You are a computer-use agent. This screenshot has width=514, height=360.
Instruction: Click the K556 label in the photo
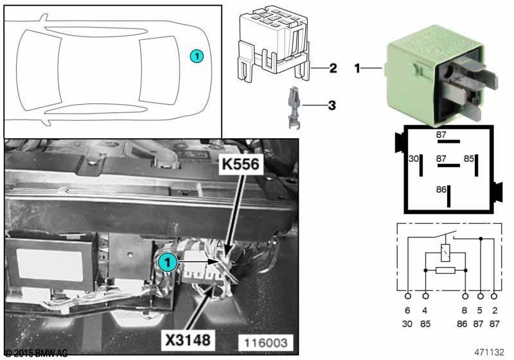pyautogui.click(x=241, y=165)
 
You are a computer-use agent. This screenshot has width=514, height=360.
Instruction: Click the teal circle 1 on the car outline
pyautogui.click(x=197, y=56)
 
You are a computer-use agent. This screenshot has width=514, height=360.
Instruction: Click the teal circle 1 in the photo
pyautogui.click(x=167, y=262)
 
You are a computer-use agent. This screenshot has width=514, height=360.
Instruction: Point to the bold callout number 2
pyautogui.click(x=333, y=67)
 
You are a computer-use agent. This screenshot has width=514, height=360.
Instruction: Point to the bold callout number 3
pyautogui.click(x=332, y=104)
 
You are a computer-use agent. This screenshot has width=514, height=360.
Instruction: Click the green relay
pyautogui.click(x=437, y=78)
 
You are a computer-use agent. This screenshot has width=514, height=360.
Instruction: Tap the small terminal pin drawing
pyautogui.click(x=290, y=107)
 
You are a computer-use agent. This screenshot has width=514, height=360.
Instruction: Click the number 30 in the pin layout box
pyautogui.click(x=414, y=157)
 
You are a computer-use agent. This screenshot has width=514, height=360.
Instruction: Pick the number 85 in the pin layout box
pyautogui.click(x=470, y=157)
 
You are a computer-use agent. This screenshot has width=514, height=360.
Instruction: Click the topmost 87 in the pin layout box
pyautogui.click(x=441, y=135)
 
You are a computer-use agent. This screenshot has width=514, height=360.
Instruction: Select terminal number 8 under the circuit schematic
pyautogui.click(x=465, y=310)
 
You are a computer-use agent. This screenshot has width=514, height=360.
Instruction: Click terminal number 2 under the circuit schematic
pyautogui.click(x=493, y=310)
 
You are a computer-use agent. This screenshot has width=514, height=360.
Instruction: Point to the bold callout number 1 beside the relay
pyautogui.click(x=358, y=67)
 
